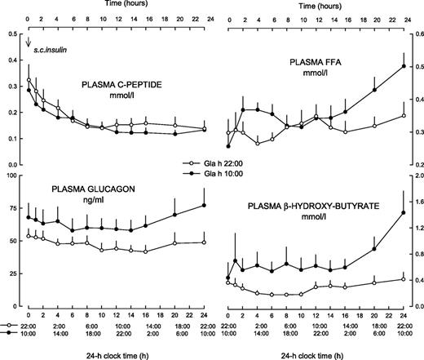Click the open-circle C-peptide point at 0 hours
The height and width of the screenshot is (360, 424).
click(x=29, y=81)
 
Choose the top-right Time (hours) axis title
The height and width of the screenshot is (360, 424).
click(x=314, y=5)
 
